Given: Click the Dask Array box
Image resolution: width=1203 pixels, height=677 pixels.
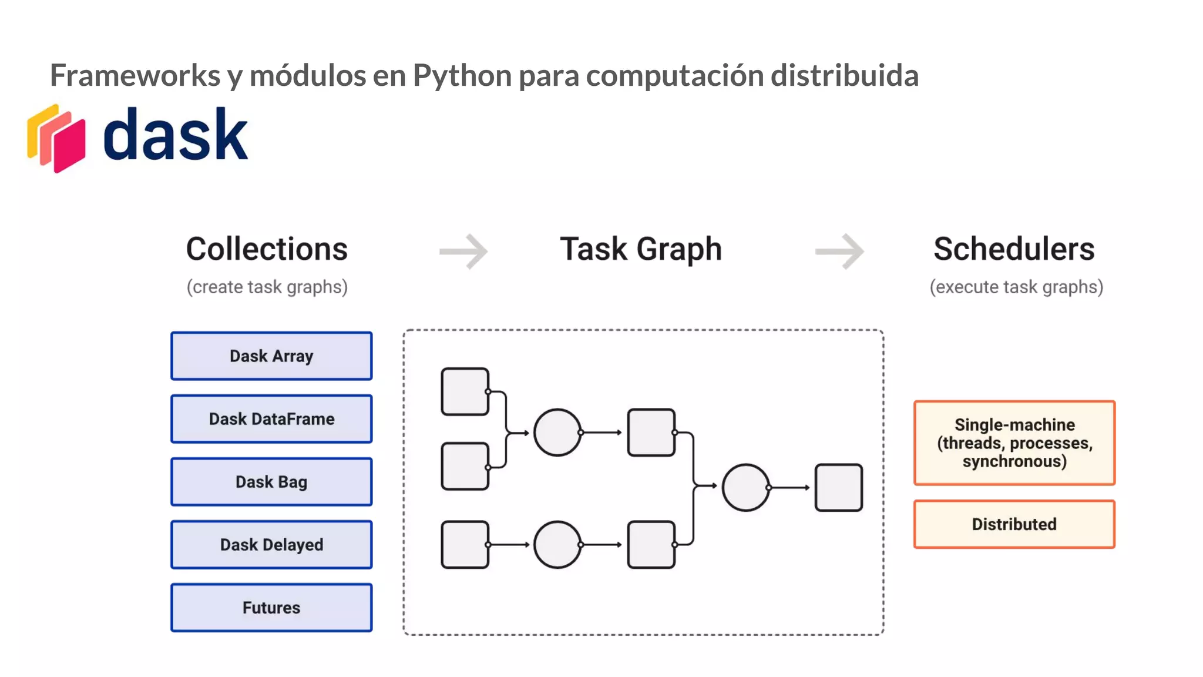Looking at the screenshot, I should tap(271, 356).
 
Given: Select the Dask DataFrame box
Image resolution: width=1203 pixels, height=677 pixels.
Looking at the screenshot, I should tap(271, 419).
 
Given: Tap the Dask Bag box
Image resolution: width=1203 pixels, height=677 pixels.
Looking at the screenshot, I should tap(271, 482).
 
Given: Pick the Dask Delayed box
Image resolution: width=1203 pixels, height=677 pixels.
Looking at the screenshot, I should tap(271, 545).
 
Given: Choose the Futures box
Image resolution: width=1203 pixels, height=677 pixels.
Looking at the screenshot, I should tap(271, 608).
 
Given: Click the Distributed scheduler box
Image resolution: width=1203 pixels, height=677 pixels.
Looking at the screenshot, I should tap(1014, 524).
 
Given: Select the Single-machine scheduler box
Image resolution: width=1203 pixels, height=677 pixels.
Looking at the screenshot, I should tap(1014, 443).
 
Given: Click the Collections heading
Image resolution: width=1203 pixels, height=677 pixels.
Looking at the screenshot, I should tap(267, 249).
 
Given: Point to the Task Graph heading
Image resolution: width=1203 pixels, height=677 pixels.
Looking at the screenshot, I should tap(640, 249).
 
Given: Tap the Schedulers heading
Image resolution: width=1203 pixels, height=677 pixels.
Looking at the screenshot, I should tap(1014, 249).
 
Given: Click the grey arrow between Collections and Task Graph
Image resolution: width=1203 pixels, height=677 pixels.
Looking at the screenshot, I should tap(464, 252).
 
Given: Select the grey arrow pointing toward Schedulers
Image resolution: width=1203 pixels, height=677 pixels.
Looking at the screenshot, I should tap(840, 252).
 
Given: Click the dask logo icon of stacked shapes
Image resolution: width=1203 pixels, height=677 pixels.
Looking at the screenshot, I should tap(57, 139).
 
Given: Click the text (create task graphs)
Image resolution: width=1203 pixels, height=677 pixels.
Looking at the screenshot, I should tap(267, 287).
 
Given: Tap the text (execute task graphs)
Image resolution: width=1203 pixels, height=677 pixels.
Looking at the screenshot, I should tap(1016, 287).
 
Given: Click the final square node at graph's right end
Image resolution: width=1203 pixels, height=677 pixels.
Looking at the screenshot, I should tap(838, 488).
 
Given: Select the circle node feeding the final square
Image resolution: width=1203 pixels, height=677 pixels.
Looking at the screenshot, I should tap(745, 488).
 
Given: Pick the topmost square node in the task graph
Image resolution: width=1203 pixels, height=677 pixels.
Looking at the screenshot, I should tap(465, 391).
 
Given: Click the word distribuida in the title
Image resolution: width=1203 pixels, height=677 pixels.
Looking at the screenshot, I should tap(844, 75).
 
